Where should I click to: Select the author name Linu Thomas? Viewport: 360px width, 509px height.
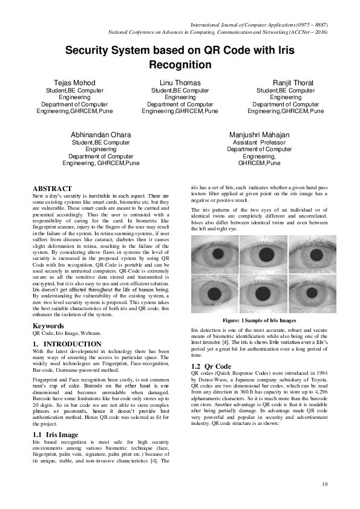[x=180, y=82]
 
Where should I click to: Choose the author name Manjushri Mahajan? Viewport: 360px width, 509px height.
[x=259, y=134]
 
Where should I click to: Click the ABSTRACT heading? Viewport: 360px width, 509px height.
[x=52, y=189]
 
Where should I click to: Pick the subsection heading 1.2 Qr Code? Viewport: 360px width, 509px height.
[x=211, y=366]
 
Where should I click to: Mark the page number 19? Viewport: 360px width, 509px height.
[x=324, y=484]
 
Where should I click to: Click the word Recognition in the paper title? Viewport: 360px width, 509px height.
[x=180, y=65]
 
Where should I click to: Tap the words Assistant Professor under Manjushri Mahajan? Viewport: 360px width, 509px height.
[x=259, y=143]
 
